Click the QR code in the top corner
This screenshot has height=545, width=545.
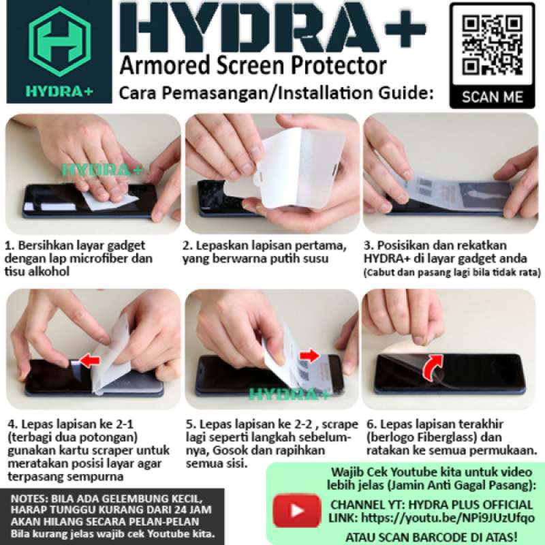tap(492, 46)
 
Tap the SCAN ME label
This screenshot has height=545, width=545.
tap(492, 97)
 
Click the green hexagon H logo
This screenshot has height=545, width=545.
tap(59, 41)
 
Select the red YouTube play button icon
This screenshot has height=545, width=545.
tap(296, 510)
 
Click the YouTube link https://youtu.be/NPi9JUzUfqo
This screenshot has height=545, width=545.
tap(448, 518)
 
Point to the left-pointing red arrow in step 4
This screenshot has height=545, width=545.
tap(90, 360)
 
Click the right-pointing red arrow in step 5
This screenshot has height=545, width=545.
tap(309, 356)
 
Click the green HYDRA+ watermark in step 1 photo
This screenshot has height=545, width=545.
tap(102, 170)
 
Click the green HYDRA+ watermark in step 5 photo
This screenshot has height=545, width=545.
tap(289, 394)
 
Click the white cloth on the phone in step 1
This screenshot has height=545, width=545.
tap(110, 200)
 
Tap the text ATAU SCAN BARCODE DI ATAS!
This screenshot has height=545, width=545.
tap(431, 536)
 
